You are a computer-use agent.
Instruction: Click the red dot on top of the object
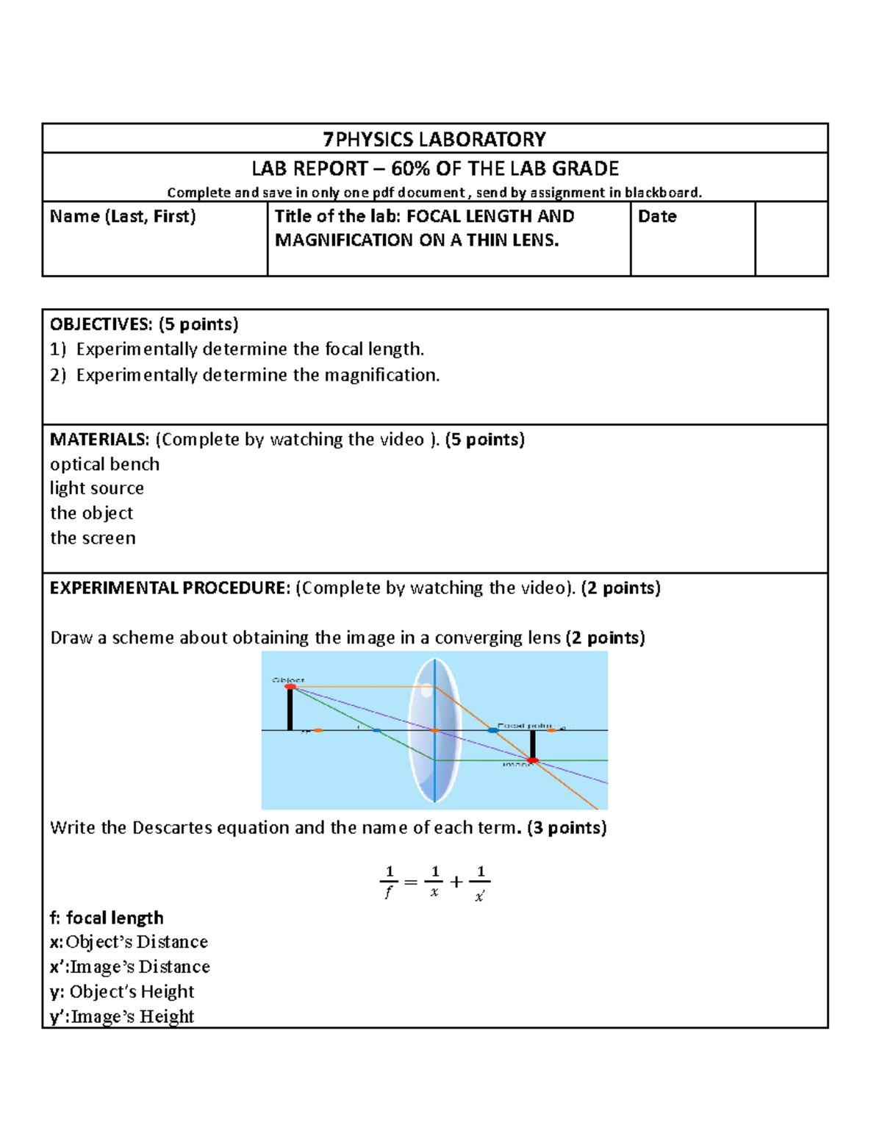coord(290,687)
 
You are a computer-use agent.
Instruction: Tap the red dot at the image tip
coord(533,760)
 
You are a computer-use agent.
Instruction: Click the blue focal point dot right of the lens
coord(492,730)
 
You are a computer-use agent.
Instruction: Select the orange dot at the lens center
coord(435,730)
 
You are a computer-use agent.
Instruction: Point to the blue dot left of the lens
coord(376,730)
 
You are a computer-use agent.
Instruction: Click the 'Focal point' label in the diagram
coord(524,726)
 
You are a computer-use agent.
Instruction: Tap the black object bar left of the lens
coord(290,710)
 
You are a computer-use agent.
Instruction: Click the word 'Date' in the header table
coord(657,216)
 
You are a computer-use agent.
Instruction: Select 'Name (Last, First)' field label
coord(123,216)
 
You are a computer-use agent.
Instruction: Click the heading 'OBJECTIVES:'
coord(101,324)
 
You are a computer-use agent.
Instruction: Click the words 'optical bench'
coord(104,464)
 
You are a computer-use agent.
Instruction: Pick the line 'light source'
coord(96,488)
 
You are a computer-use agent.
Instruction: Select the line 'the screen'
coord(93,538)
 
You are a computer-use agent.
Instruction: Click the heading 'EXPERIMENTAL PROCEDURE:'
coord(170,588)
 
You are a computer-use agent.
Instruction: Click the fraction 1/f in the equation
coord(389,881)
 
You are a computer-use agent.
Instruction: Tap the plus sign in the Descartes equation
coord(456,882)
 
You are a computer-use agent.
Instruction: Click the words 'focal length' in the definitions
coord(115,918)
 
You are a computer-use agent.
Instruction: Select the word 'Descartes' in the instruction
coord(172,828)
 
